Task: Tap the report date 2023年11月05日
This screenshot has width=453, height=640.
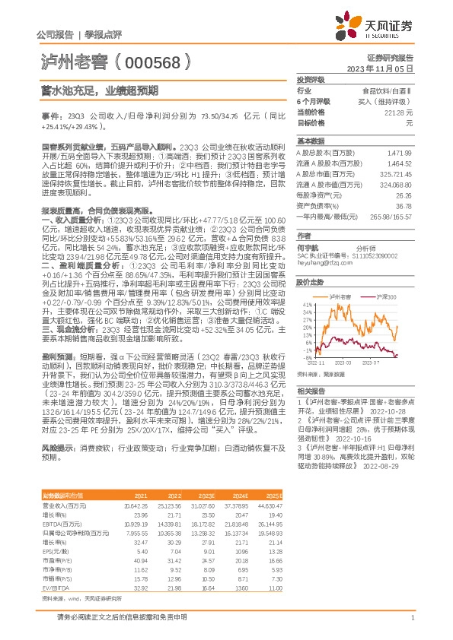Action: [x=388, y=68]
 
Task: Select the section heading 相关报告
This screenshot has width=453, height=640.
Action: [x=308, y=389]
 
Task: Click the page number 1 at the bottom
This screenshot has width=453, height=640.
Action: [x=411, y=619]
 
